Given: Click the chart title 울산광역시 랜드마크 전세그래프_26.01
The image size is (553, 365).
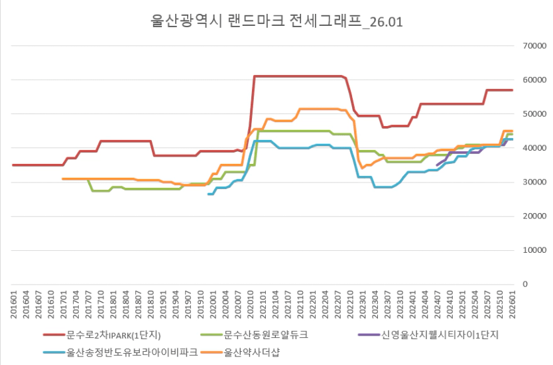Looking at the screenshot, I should (x=277, y=21).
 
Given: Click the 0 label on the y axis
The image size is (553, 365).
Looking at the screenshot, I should (x=524, y=284).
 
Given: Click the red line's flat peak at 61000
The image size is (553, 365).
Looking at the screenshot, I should (x=298, y=76).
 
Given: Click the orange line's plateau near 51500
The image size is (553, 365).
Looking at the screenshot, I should (x=318, y=109).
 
